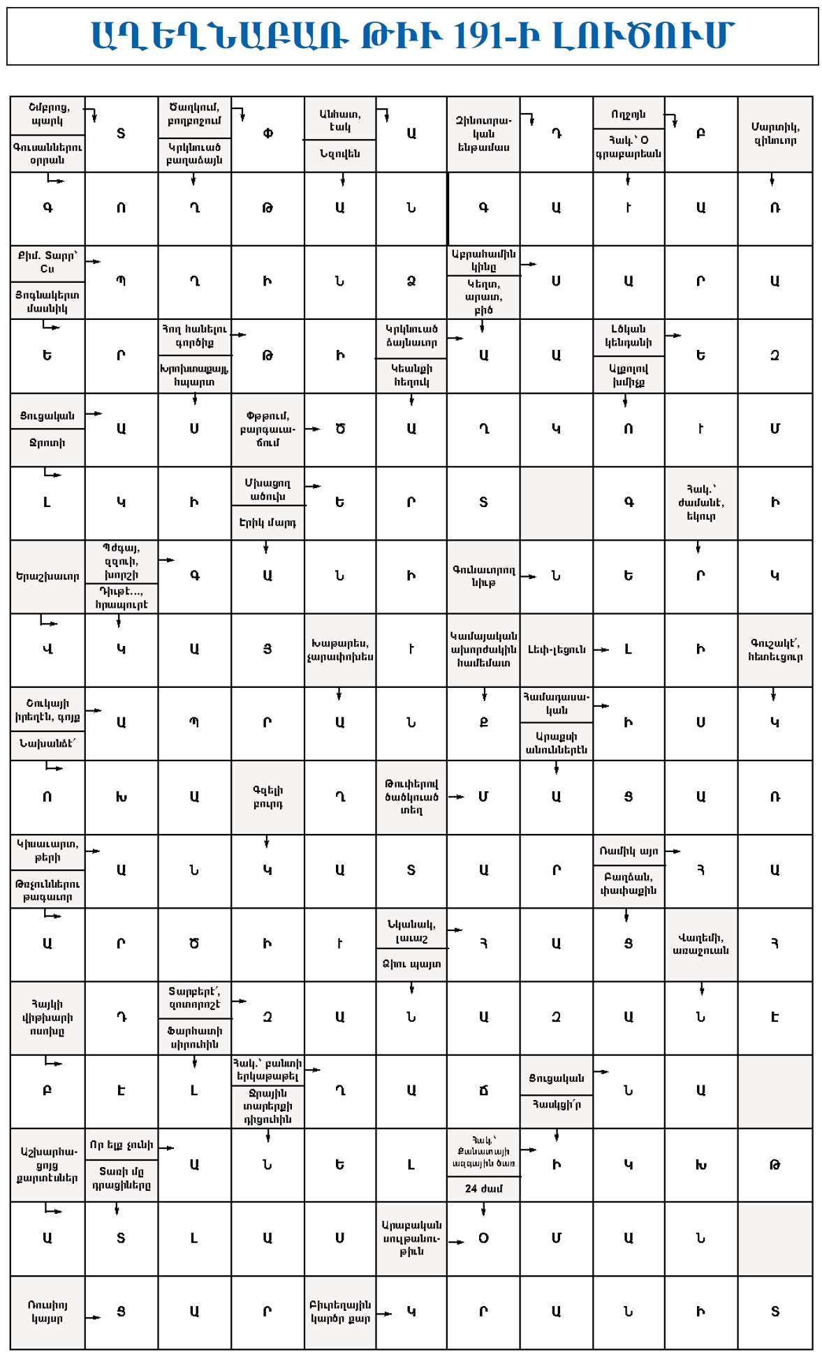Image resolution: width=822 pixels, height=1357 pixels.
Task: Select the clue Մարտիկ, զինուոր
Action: pyautogui.click(x=775, y=133)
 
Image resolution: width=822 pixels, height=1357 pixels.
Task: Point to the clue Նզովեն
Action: pyautogui.click(x=340, y=154)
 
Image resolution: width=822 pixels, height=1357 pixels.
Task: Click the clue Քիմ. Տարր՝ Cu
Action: pyautogui.click(x=47, y=262)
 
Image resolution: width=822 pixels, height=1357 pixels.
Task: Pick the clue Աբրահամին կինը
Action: pyautogui.click(x=483, y=260)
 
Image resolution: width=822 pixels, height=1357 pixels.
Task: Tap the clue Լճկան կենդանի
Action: pyautogui.click(x=629, y=335)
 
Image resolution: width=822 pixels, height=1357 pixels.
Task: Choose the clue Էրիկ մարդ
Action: pyautogui.click(x=267, y=522)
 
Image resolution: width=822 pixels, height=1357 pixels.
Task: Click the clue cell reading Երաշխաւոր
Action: pyautogui.click(x=47, y=576)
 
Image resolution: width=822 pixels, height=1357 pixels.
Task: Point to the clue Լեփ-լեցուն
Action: pyautogui.click(x=557, y=650)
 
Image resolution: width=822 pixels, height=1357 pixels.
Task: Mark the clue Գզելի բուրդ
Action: pyautogui.click(x=267, y=797)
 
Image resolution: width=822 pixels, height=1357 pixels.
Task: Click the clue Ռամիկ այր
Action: pyautogui.click(x=629, y=851)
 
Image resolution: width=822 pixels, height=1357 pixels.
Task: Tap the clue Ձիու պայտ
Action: pyautogui.click(x=412, y=964)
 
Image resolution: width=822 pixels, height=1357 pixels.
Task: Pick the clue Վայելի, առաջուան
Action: pyautogui.click(x=700, y=944)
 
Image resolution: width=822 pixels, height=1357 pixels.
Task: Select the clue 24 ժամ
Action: pyautogui.click(x=483, y=1188)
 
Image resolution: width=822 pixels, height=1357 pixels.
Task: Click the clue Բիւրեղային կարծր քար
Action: pyautogui.click(x=340, y=1312)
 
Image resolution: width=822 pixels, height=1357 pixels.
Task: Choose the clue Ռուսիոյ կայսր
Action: pyautogui.click(x=47, y=1312)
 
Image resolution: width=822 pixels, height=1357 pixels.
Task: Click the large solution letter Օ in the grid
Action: pyautogui.click(x=483, y=1238)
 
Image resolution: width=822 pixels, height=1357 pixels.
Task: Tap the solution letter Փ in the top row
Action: pyautogui.click(x=267, y=133)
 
